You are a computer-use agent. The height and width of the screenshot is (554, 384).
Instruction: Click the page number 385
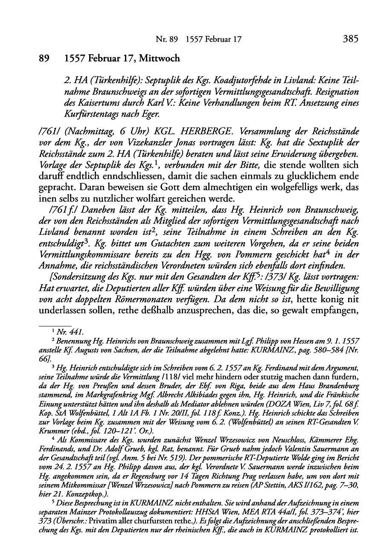350,40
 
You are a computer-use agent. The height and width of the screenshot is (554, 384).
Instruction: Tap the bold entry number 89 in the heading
45,59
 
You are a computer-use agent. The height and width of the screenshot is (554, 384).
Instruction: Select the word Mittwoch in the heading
158,59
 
